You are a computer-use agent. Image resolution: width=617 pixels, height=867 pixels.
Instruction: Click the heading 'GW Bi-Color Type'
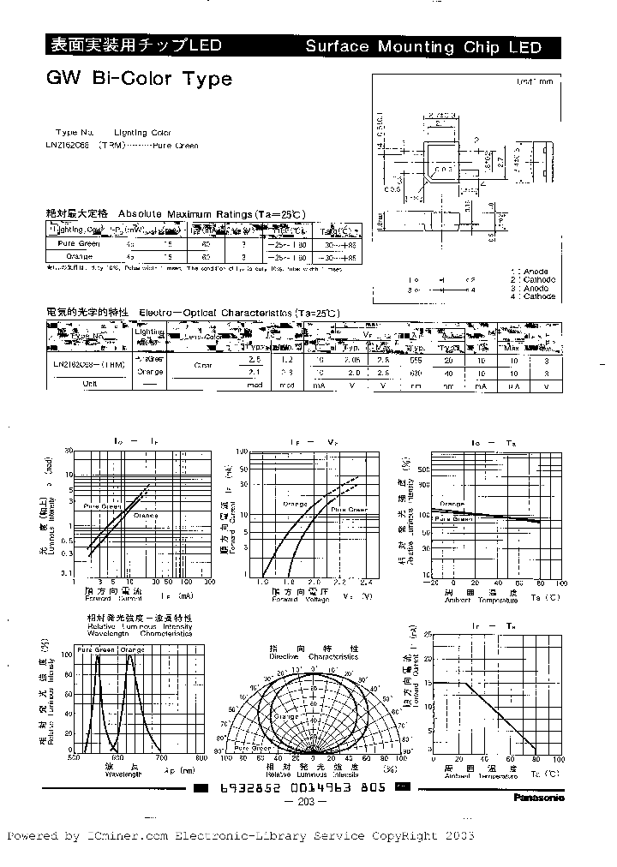(139, 79)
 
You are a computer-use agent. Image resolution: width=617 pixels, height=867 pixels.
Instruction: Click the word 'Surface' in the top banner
(339, 46)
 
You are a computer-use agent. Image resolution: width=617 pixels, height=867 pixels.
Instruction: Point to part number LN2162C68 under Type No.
(71, 146)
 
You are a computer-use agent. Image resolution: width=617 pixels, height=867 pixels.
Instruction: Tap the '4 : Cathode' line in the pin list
(533, 296)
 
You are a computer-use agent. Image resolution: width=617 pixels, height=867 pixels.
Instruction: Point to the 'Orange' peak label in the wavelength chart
(134, 651)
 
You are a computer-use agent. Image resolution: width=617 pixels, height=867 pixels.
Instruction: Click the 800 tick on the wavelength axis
(201, 758)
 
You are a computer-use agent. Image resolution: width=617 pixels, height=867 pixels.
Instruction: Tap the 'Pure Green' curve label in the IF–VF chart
(349, 509)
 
